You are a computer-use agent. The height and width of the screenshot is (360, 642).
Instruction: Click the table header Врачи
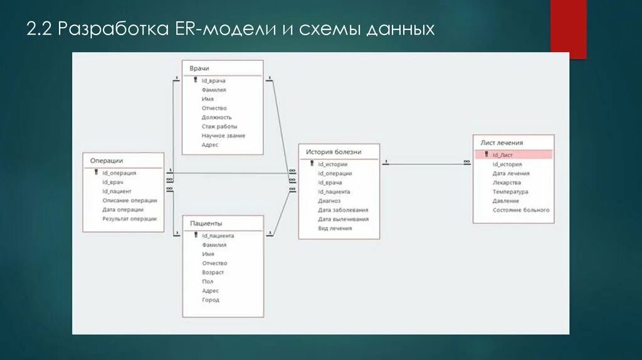[x=199, y=68]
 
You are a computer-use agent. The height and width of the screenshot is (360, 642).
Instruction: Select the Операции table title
[x=107, y=161]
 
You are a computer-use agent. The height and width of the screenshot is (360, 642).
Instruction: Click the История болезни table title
[x=334, y=152]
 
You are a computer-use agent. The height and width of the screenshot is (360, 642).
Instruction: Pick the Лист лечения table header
[x=502, y=143]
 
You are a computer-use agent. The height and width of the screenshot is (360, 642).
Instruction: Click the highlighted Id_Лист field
[x=503, y=155]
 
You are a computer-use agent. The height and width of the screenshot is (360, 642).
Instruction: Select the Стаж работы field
[x=219, y=126]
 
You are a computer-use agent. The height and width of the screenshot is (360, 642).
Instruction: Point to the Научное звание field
[x=223, y=135]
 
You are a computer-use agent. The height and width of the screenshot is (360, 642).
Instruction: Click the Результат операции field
[x=129, y=219]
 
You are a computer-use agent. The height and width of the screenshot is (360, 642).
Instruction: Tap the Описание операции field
[x=129, y=201]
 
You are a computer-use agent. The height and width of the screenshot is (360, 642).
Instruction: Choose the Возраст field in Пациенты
[x=213, y=272]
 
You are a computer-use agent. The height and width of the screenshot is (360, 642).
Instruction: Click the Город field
[x=211, y=300]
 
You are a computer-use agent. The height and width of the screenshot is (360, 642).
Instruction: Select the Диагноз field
[x=329, y=201]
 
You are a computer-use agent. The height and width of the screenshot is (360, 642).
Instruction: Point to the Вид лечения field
[x=335, y=228]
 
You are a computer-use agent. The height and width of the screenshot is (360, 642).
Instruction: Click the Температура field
[x=510, y=192]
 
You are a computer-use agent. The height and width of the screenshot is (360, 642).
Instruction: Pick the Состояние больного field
[x=521, y=210]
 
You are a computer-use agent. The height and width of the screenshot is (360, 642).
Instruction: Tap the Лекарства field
[x=507, y=183]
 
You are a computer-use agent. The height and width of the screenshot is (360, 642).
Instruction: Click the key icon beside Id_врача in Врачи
[x=195, y=80]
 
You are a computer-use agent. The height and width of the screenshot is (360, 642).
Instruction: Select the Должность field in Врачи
[x=216, y=117]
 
